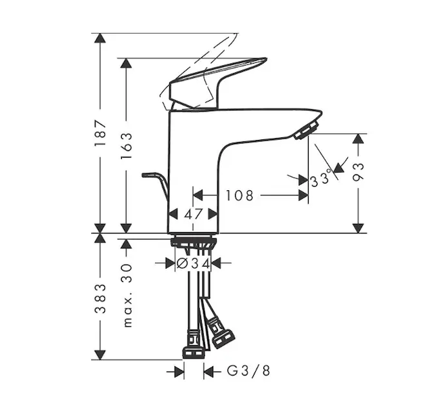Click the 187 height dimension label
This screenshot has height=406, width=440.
pos(100,133)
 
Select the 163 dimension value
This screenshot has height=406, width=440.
pos(126,145)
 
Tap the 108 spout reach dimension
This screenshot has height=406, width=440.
pos(240,196)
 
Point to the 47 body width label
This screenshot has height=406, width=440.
pos(193,215)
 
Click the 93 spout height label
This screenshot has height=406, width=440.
pos(358,172)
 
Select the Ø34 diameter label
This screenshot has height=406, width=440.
pos(194,263)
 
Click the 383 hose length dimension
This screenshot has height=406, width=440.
pos(100,299)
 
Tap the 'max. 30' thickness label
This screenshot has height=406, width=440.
pos(127,296)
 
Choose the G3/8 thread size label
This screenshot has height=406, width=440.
pos(248,371)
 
